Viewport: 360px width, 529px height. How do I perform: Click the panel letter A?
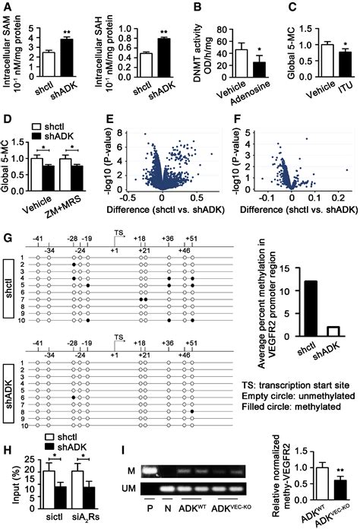tap(6, 6)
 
